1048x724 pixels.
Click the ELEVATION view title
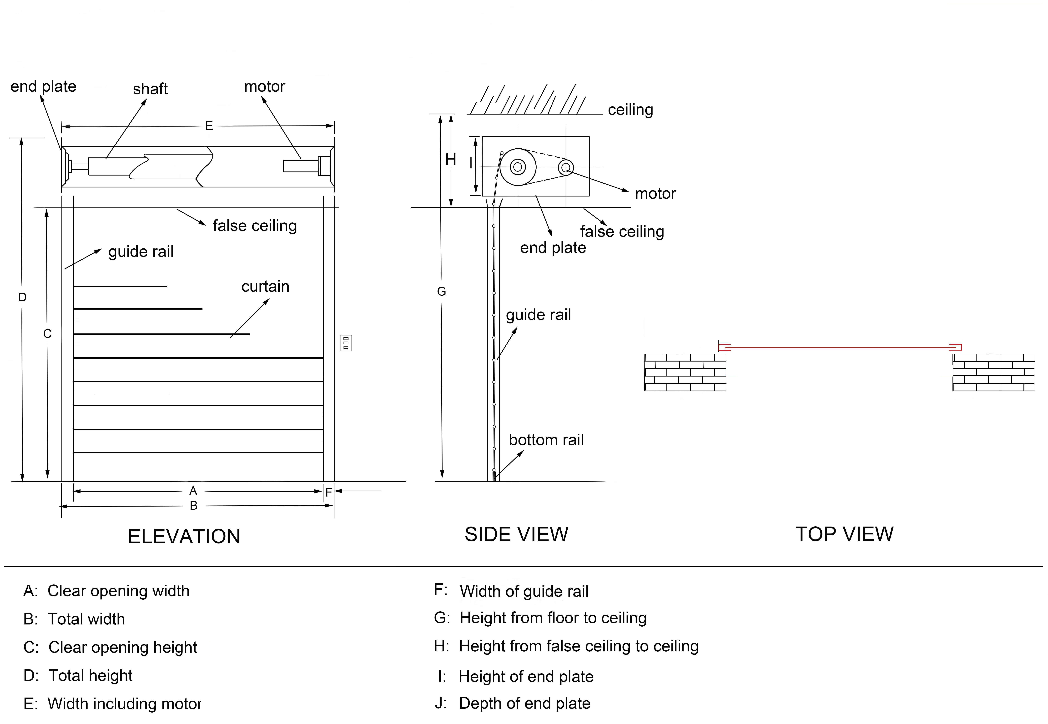tap(184, 537)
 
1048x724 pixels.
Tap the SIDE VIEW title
tap(516, 534)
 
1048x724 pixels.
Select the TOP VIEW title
tap(844, 534)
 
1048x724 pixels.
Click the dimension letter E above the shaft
tap(209, 126)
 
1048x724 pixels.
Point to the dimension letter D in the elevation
tap(22, 297)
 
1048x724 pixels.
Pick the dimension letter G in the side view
tap(441, 292)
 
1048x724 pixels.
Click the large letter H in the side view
tap(450, 160)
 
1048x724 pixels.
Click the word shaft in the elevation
tap(150, 89)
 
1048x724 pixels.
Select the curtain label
tap(265, 287)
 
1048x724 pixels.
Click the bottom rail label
tap(546, 440)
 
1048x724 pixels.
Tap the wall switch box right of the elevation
tap(346, 343)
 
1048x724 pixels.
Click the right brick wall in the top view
tap(994, 372)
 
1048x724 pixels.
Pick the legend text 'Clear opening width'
tap(118, 591)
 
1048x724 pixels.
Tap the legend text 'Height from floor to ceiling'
tap(553, 618)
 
